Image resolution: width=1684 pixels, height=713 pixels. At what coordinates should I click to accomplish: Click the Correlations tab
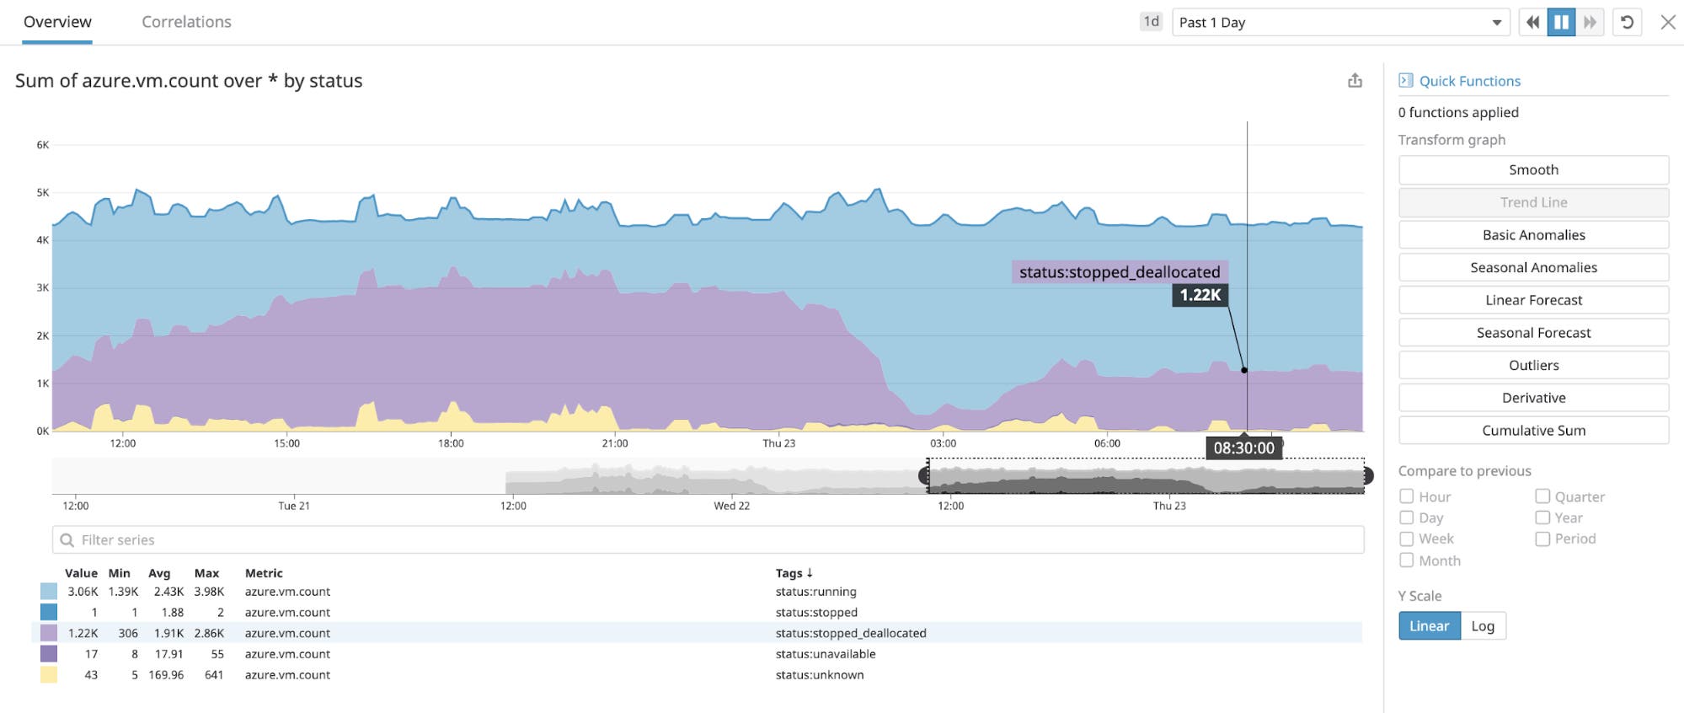[186, 22]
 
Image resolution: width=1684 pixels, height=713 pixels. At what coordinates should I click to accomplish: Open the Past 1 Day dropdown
[1339, 23]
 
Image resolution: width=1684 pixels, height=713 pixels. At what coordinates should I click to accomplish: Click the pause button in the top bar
[1560, 23]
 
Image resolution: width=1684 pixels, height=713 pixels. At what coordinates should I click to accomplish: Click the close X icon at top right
[1667, 23]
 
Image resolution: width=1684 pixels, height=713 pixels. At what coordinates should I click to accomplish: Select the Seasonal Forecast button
[1532, 333]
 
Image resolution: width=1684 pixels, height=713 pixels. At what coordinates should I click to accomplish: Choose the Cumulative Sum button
[1532, 431]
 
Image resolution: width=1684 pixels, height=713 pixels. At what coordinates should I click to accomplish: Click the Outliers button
[1532, 366]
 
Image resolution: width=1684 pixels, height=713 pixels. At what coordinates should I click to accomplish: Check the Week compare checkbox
[1406, 539]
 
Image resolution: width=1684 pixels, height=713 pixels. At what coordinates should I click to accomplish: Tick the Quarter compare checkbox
[1542, 496]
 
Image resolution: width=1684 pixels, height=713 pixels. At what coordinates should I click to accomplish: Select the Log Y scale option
[1482, 626]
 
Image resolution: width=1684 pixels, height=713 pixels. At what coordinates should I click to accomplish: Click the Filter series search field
[708, 540]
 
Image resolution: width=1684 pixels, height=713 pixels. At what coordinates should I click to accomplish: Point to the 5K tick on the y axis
[42, 193]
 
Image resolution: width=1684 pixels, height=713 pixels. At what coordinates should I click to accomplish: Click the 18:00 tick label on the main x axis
[451, 443]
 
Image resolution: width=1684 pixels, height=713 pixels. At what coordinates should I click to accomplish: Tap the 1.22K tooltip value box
[1200, 295]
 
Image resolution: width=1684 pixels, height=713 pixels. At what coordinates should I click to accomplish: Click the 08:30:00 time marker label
[1243, 448]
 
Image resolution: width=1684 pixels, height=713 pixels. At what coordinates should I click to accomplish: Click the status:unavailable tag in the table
[825, 654]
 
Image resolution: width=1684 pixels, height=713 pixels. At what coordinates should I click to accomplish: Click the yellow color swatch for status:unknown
[49, 675]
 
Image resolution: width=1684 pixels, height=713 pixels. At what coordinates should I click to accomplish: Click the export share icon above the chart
[1355, 81]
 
